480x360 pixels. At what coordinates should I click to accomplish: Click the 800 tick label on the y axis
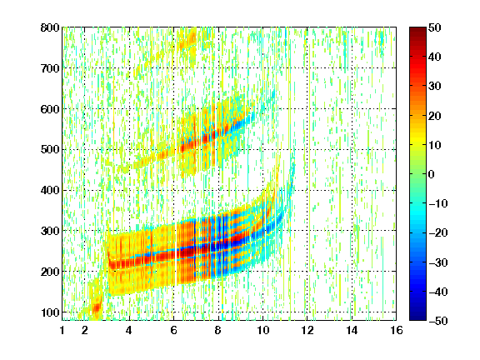click(50, 27)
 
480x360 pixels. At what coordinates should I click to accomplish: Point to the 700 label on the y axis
click(50, 68)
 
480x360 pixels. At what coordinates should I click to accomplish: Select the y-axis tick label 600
click(50, 109)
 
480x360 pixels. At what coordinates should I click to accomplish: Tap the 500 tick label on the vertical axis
click(50, 150)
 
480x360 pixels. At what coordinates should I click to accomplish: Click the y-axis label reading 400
click(50, 190)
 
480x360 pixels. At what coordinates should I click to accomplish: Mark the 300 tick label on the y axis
click(50, 231)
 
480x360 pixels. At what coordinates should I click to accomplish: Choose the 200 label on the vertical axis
click(50, 272)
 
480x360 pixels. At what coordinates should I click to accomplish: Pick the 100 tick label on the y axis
click(50, 312)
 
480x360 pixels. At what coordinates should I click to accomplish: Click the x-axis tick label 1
click(62, 330)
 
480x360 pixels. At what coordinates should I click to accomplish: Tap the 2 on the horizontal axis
click(85, 330)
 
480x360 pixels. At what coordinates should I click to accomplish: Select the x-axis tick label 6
click(174, 330)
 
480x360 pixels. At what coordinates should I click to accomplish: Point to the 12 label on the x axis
click(307, 330)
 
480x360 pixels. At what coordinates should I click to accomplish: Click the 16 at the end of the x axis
click(397, 330)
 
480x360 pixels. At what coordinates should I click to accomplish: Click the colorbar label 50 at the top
click(434, 27)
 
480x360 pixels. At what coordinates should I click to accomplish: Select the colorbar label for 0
click(432, 174)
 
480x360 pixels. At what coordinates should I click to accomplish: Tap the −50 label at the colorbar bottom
click(438, 321)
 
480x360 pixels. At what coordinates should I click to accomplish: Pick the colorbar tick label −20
click(438, 232)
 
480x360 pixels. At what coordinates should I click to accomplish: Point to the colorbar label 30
click(434, 87)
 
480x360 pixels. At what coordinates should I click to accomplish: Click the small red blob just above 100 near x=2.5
click(97, 307)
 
